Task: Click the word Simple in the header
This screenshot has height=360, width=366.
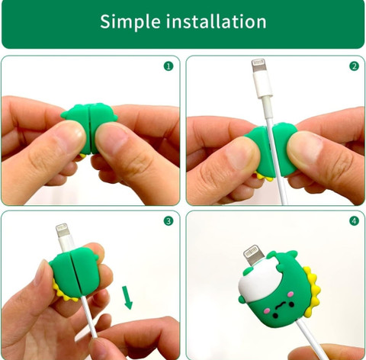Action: click(x=130, y=22)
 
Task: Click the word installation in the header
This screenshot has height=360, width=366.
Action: click(x=216, y=21)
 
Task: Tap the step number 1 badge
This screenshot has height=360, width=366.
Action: click(x=169, y=66)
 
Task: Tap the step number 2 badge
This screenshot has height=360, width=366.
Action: click(x=354, y=66)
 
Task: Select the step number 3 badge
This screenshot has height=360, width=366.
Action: click(x=169, y=221)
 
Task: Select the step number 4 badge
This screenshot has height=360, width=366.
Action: click(x=354, y=221)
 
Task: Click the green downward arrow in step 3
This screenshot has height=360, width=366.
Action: click(x=127, y=297)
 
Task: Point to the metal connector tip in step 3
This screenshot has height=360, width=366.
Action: click(x=63, y=230)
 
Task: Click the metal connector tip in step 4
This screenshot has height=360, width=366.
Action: click(x=254, y=255)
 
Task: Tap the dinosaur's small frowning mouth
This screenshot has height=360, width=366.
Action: click(x=280, y=305)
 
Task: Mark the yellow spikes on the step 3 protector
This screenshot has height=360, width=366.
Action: click(x=63, y=291)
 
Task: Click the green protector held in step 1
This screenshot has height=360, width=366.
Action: click(x=89, y=127)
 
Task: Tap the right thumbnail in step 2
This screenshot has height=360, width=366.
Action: click(x=304, y=149)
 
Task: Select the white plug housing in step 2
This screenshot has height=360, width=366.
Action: click(x=262, y=85)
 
